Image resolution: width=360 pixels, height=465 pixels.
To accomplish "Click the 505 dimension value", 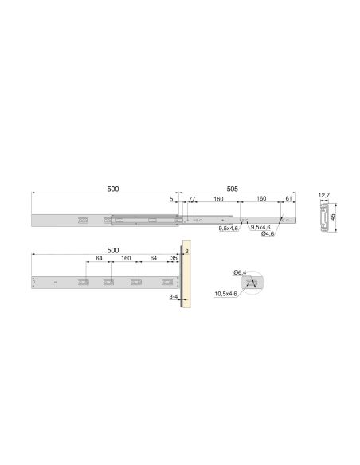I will pos(232,189).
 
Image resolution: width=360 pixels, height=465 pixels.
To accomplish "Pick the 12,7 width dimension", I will pos(323,193).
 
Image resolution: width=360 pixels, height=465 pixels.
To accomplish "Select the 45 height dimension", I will pos(344,215).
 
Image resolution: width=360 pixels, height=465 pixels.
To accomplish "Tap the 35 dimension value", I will pos(174,258).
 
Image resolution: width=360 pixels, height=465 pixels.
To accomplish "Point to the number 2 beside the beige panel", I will pos(186,251).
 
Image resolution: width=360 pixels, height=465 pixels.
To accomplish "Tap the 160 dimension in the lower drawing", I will pos(125,258).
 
